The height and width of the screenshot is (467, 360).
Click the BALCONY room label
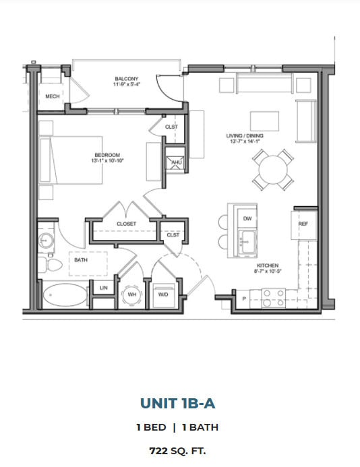[126, 80]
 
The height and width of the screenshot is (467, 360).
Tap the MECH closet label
[52, 97]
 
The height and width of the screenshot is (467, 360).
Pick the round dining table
[272, 169]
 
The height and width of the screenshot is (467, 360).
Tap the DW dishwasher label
[247, 218]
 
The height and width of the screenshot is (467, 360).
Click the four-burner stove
[274, 298]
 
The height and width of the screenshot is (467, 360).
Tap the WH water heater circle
[131, 294]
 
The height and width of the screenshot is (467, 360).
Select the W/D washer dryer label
[163, 294]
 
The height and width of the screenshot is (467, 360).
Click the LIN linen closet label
[103, 288]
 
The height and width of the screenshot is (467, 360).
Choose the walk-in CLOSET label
[126, 224]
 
